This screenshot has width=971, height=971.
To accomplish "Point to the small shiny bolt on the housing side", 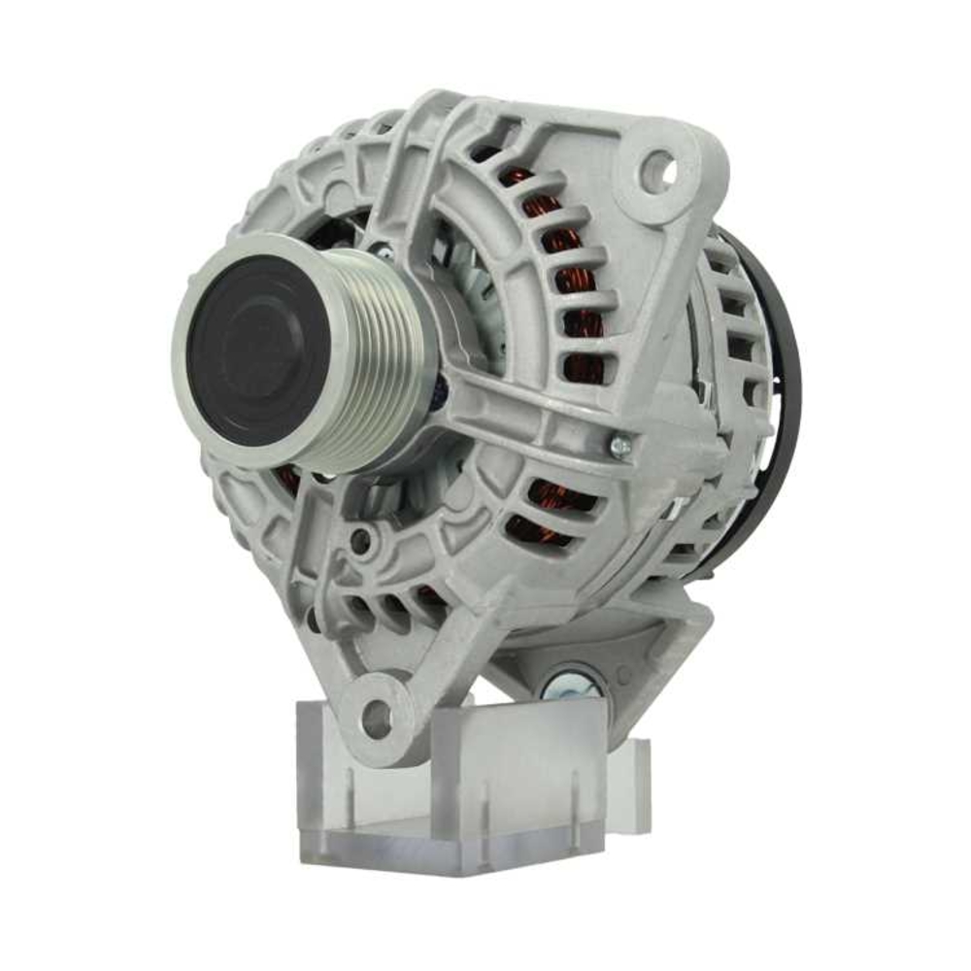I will click(619, 446).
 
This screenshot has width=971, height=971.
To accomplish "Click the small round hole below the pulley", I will click(360, 539).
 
